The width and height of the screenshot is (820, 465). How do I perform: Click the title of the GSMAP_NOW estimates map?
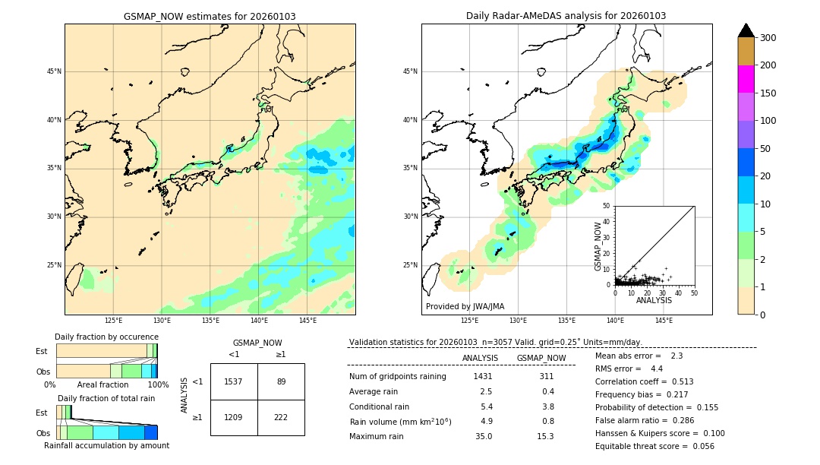pos(210,16)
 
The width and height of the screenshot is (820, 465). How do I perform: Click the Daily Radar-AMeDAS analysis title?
pos(566,16)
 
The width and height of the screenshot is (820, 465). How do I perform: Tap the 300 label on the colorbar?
pos(768,38)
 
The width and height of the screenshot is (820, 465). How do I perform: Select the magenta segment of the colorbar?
pos(746,79)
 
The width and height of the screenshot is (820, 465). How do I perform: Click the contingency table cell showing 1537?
pos(234,381)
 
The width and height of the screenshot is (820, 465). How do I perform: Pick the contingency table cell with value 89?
pos(281,381)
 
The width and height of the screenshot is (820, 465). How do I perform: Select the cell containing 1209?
pos(234,418)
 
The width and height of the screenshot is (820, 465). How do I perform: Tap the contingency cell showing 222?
pos(281,418)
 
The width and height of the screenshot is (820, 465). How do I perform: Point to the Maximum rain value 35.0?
pos(484,436)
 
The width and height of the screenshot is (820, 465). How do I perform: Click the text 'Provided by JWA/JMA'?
pos(465,307)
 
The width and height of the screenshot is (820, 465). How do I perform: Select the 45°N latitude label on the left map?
pos(54,71)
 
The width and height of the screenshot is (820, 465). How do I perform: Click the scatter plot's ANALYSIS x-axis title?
pos(654,300)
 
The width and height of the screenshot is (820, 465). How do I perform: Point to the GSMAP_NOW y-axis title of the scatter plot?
pos(598,246)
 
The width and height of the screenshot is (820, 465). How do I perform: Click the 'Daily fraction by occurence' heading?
pos(106,337)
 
